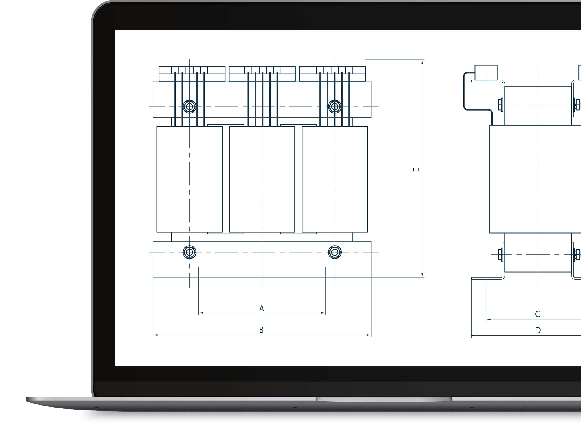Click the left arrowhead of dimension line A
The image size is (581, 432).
pos(200,313)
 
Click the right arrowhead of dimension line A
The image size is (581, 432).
pos(324,313)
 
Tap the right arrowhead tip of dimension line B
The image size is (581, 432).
pos(371,335)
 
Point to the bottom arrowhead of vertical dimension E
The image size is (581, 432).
pos(422,275)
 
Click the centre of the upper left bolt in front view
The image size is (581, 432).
pos(190,107)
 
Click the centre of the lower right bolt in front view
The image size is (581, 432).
pos(335,252)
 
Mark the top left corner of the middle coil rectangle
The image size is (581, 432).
pos(229,127)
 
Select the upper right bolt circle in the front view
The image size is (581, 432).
pos(335,107)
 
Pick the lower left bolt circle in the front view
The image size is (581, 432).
pos(190,252)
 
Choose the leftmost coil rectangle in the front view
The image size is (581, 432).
pos(190,179)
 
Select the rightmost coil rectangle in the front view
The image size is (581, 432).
pos(335,179)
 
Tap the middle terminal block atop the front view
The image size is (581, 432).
pos(262,74)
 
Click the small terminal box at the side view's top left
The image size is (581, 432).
pos(486,72)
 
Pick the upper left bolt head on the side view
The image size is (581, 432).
pos(501,105)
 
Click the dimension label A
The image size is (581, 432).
pos(262,308)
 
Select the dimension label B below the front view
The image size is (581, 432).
pos(262,330)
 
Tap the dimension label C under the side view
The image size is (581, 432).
pos(537,314)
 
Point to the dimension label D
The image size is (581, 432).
pos(538,330)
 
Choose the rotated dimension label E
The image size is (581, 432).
pos(416,170)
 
